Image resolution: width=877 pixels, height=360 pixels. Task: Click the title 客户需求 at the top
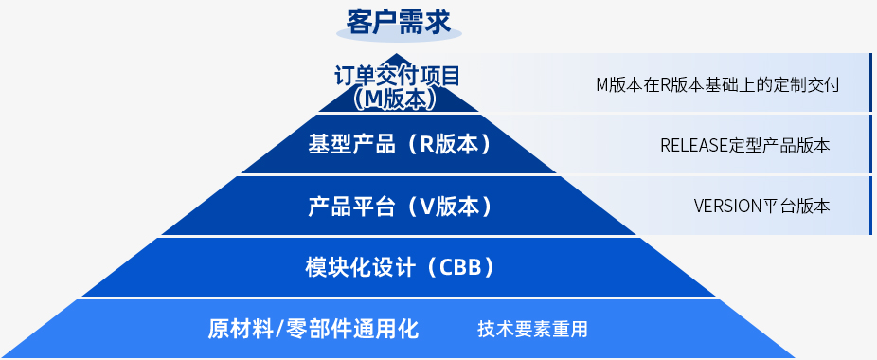coord(398,23)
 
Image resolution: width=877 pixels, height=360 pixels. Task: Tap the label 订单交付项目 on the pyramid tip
coord(397,76)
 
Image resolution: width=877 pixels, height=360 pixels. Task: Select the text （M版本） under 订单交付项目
coord(396,99)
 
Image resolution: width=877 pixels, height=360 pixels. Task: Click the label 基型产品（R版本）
coord(400,145)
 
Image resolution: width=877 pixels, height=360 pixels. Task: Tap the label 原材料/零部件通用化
coord(313,329)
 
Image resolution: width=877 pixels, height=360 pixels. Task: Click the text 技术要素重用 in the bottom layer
coord(532,329)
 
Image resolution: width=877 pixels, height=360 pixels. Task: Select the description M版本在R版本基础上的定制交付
coord(718,85)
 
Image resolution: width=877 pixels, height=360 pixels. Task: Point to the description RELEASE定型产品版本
coord(745,146)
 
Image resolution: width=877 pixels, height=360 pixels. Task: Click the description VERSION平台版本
coord(761,206)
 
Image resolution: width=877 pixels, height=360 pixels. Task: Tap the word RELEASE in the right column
coord(694,146)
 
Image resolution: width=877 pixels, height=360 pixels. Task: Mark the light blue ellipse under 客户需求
coord(399,33)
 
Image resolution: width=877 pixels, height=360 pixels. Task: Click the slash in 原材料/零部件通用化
coord(279,329)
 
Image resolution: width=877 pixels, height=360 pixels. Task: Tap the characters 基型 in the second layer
coord(329,145)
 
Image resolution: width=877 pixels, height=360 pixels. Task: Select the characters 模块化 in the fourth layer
coord(337,267)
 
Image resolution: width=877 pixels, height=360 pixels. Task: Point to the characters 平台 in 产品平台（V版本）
coord(373,207)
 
